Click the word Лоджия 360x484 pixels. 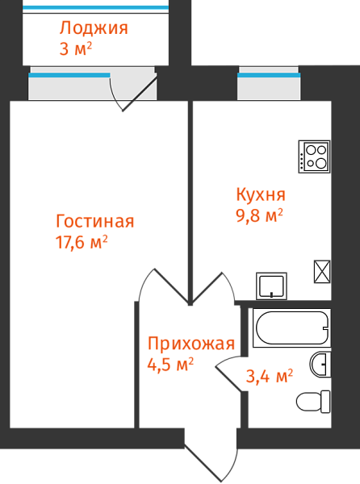click(x=94, y=29)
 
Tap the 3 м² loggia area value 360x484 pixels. click(x=76, y=49)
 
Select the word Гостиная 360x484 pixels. click(x=94, y=221)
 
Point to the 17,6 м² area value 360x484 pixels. click(x=82, y=242)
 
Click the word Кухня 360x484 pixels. click(x=261, y=194)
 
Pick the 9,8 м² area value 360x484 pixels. click(x=259, y=215)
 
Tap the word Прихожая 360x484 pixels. click(x=191, y=344)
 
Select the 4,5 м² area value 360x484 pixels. click(x=170, y=365)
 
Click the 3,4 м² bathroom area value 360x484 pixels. click(x=270, y=376)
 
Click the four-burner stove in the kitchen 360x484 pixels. click(x=314, y=156)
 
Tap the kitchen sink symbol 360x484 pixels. click(x=271, y=286)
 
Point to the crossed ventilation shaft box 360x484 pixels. click(x=322, y=271)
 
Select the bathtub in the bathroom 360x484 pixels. click(x=291, y=328)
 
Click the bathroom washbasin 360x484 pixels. click(x=320, y=365)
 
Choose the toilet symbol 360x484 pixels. click(x=313, y=402)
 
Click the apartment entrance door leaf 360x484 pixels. click(x=203, y=463)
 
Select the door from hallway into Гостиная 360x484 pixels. click(x=171, y=286)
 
